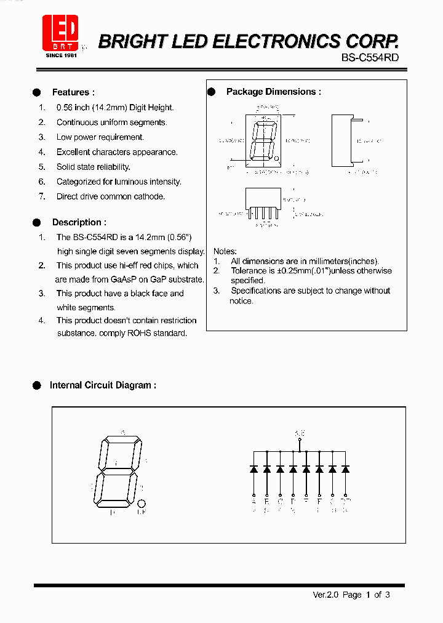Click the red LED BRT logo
pos(60,33)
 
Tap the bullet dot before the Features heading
pos(37,92)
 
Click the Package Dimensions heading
pos(273,92)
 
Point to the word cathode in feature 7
pos(150,196)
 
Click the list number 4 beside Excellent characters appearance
pos(42,152)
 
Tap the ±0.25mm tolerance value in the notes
pos(293,271)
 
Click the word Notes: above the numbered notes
pos(225,251)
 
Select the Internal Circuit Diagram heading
pos(102,385)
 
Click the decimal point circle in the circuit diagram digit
pos(141,502)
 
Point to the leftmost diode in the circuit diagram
pos(253,469)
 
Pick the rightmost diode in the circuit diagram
pos(346,469)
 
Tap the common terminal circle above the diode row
pos(300,441)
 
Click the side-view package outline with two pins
pos(343,140)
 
